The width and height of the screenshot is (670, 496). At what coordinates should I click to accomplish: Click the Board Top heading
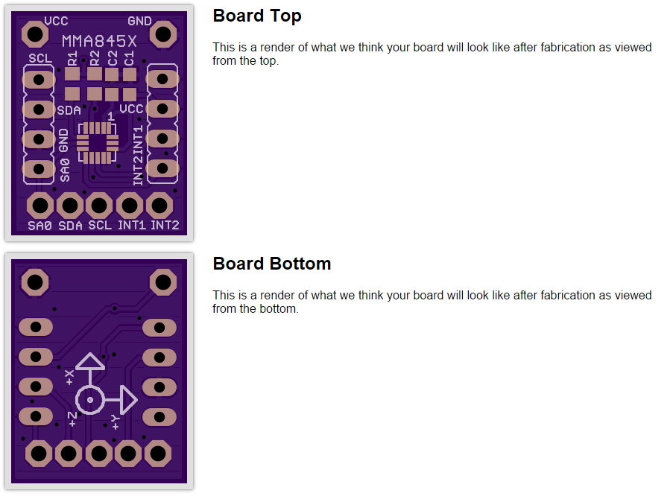click(257, 16)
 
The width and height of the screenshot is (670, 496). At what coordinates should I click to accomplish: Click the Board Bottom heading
click(272, 264)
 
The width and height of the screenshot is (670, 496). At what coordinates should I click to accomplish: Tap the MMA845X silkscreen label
click(99, 41)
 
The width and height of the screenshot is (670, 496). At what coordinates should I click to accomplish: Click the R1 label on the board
click(72, 58)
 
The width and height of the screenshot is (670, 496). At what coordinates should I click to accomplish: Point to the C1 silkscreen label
click(129, 58)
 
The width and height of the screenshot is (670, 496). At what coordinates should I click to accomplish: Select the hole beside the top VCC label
click(35, 34)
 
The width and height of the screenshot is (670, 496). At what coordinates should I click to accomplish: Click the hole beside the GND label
click(162, 34)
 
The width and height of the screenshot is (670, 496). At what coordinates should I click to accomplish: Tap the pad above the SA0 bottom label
click(40, 206)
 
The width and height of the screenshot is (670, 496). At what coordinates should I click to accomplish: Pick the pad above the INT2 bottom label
click(159, 206)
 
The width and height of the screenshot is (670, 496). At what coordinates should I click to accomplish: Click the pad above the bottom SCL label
click(99, 206)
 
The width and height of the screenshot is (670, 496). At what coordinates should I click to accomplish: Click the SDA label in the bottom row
click(70, 225)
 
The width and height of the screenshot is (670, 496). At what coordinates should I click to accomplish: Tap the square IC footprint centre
click(98, 143)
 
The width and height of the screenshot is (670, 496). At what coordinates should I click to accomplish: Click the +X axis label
click(69, 378)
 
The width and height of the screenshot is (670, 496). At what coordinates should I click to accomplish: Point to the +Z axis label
click(72, 419)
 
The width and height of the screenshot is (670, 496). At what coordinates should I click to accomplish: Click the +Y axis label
click(116, 422)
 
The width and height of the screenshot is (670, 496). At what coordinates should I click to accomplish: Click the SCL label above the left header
click(40, 58)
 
